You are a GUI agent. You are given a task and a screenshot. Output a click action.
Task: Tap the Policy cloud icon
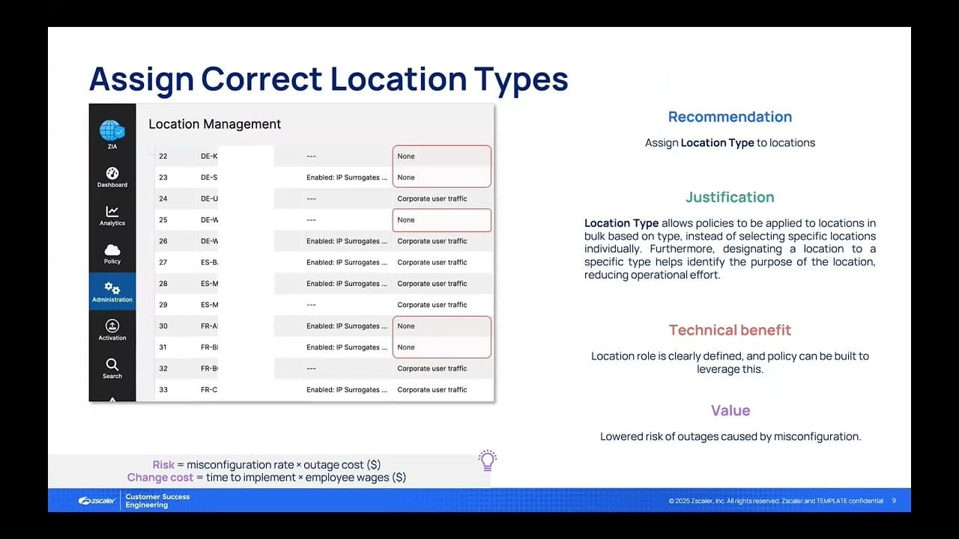[112, 250]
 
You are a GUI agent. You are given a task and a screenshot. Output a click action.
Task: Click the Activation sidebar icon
[112, 326]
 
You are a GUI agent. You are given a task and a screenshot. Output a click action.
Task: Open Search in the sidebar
[112, 365]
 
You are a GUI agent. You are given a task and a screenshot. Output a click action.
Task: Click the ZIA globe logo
[112, 130]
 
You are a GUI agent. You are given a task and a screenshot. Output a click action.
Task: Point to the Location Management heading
[214, 124]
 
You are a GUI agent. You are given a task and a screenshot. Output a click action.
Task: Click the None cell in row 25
[406, 220]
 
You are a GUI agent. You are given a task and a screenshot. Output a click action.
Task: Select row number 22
[163, 156]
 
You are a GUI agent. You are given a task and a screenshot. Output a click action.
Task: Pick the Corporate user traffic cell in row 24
[432, 199]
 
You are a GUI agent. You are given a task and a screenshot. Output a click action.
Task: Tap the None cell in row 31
[406, 347]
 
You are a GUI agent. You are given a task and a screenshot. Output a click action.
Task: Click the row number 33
[163, 390]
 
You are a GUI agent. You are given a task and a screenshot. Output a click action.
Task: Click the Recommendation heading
[730, 117]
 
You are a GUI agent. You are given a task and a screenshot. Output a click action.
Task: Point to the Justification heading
[730, 198]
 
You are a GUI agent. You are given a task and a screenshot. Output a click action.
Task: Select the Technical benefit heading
[730, 330]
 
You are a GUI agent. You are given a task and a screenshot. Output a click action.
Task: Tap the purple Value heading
[730, 410]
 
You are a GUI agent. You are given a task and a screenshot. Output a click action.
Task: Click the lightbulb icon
[488, 460]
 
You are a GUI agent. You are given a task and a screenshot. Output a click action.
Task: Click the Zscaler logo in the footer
[97, 501]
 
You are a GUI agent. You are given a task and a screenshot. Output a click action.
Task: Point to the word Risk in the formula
[163, 465]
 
